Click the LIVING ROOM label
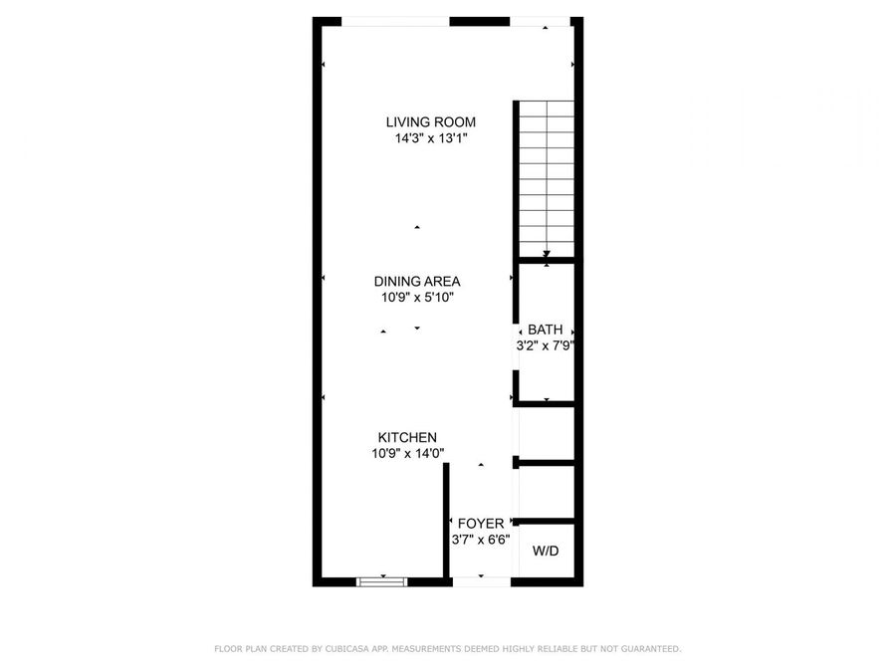pyautogui.click(x=431, y=122)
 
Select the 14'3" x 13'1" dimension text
pyautogui.click(x=431, y=139)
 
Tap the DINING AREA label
pyautogui.click(x=417, y=281)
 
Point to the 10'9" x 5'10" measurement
pyautogui.click(x=417, y=297)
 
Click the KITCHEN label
pyautogui.click(x=407, y=437)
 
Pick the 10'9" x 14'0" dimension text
pyautogui.click(x=407, y=453)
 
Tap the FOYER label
pyautogui.click(x=481, y=524)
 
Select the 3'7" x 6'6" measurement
pyautogui.click(x=481, y=540)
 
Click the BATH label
pyautogui.click(x=546, y=330)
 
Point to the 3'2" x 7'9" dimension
pyautogui.click(x=546, y=346)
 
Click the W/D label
pyautogui.click(x=546, y=551)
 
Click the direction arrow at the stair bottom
pyautogui.click(x=547, y=255)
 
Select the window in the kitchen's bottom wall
pyautogui.click(x=382, y=579)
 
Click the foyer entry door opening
pyautogui.click(x=482, y=580)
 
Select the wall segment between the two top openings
pyautogui.click(x=479, y=21)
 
